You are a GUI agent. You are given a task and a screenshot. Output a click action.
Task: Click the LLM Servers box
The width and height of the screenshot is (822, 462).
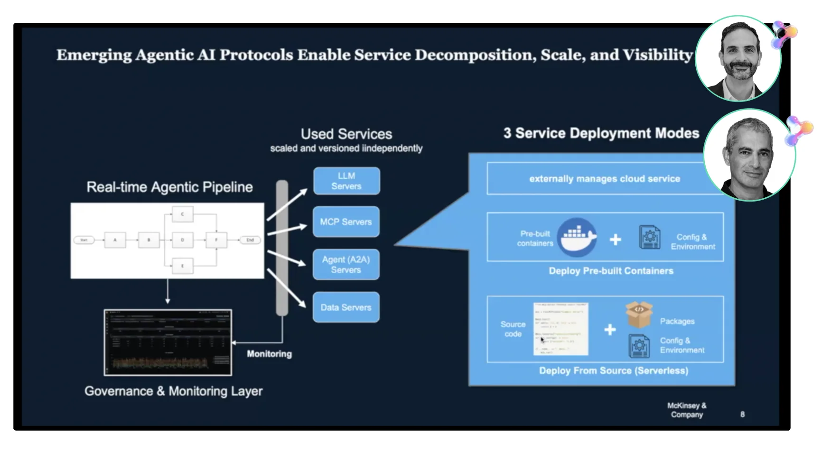(346, 181)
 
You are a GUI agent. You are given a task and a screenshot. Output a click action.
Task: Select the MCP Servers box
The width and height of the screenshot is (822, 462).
(346, 222)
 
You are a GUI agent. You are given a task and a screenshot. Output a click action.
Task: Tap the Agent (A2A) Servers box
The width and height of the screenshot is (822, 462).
(346, 264)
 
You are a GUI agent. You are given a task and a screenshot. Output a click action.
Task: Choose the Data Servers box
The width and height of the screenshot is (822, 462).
(346, 307)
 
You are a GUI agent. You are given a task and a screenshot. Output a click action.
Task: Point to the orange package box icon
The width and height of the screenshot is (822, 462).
(639, 314)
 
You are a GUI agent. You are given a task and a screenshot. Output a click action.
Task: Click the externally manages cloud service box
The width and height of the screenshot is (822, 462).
(604, 179)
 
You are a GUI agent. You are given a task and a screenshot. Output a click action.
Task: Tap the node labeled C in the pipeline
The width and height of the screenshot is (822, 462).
(182, 214)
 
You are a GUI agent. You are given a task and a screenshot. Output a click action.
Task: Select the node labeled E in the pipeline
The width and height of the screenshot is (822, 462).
(182, 266)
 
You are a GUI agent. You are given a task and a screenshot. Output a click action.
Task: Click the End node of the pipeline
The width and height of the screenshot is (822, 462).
(250, 240)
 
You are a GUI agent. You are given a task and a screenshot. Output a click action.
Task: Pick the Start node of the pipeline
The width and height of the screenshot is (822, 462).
(84, 240)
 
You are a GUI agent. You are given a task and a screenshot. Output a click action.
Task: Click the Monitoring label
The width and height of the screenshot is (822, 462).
(269, 354)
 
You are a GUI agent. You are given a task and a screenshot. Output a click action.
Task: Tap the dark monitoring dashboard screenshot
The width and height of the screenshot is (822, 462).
(168, 342)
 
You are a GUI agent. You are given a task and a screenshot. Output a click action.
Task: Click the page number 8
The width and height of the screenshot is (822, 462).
(742, 414)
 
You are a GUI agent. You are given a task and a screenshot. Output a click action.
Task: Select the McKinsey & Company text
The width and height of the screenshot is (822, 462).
(686, 410)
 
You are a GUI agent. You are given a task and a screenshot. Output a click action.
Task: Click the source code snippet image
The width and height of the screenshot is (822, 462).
(560, 329)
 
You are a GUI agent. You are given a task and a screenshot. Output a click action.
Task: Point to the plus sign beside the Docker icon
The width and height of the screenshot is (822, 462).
(615, 240)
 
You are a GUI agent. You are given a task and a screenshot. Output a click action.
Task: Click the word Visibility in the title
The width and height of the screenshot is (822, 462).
(658, 55)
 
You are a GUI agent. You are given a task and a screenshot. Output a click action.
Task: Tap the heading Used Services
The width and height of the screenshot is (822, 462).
(346, 134)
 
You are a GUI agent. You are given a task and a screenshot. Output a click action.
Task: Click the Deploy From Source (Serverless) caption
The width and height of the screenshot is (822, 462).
(613, 370)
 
